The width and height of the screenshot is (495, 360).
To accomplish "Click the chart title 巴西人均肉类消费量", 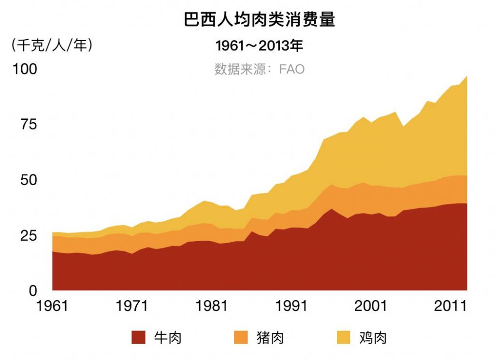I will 260,20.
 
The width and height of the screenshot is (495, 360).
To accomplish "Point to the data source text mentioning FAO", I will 260,69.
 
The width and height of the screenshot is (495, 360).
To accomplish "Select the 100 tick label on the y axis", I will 25,69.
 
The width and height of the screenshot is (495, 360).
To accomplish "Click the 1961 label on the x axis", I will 52,307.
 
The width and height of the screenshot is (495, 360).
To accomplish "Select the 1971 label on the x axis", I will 131,307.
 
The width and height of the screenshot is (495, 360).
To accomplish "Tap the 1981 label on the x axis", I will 211,307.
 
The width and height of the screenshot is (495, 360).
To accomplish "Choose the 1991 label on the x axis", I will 291,307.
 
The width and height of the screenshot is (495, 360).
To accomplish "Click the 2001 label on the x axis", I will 371,307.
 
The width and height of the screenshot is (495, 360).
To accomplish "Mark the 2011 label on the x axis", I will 451,307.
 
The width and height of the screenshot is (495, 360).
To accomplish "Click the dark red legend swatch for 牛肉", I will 138,337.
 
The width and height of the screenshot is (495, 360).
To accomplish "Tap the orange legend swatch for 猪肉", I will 241,337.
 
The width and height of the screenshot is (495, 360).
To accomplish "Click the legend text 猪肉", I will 270,337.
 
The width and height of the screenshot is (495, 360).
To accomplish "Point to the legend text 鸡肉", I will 373,337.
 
